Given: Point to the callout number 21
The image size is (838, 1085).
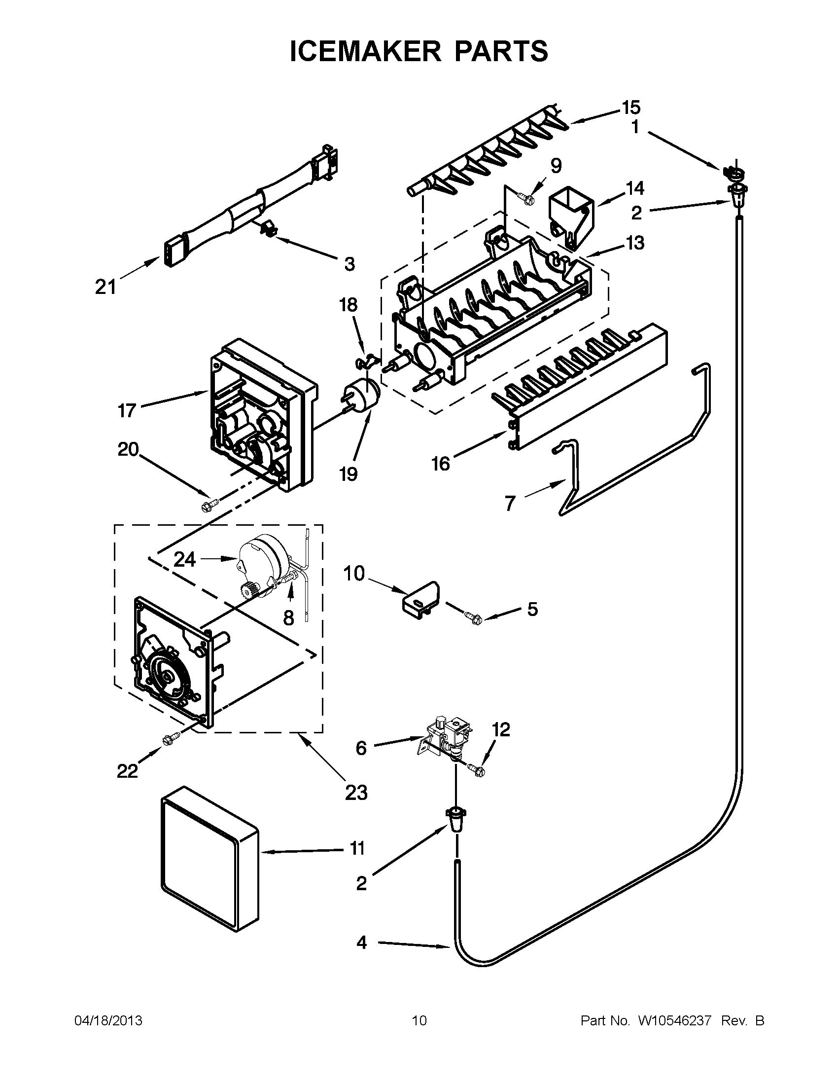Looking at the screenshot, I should tap(105, 287).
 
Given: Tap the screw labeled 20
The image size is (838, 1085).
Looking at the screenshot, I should tap(207, 506).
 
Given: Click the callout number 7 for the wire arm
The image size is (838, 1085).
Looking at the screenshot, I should tap(511, 503).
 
